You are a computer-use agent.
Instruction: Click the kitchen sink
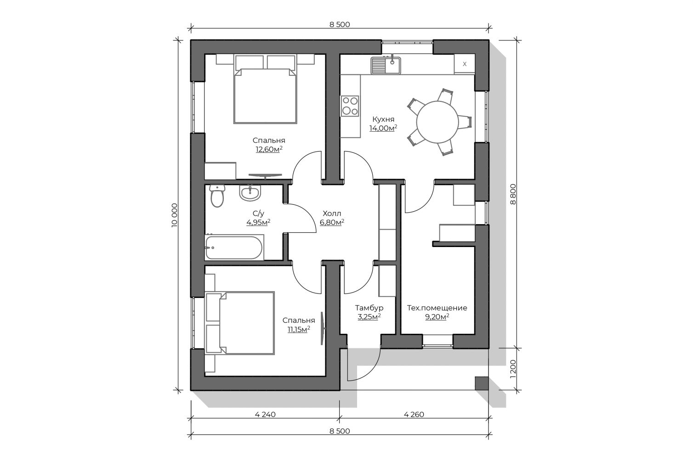point(386,66)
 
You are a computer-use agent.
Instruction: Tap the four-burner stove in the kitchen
point(350,106)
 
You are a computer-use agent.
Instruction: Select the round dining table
point(437,122)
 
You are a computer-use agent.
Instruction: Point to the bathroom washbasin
point(250,193)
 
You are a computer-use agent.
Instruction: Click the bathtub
point(234,247)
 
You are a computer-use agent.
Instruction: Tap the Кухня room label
point(383,119)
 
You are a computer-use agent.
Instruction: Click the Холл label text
point(332,214)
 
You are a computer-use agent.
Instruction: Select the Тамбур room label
point(369,308)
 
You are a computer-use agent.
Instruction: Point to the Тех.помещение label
point(437,308)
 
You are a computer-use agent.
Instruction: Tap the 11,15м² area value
point(299,329)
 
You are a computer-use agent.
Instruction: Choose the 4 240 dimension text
point(265,414)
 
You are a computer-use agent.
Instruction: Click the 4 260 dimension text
point(414,414)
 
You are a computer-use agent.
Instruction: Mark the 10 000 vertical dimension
point(175,215)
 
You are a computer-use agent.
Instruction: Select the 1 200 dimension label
point(513,369)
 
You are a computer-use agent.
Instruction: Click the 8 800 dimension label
point(513,194)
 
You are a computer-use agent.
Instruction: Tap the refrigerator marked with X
point(464,64)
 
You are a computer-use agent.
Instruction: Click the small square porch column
point(482,383)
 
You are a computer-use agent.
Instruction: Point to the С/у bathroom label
point(258,214)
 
